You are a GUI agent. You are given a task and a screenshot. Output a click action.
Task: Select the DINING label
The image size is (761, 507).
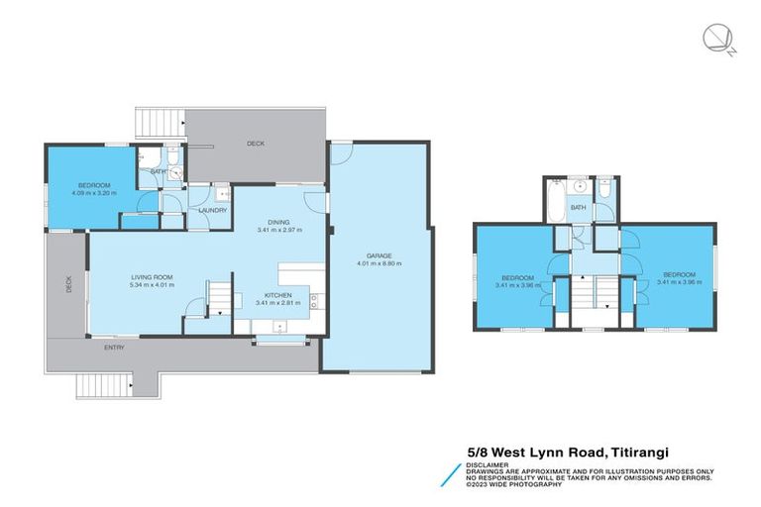point(278,222)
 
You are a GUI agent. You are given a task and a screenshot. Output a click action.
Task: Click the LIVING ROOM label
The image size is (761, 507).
point(152,277)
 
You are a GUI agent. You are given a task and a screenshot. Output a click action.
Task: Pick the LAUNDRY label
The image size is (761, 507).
point(213,210)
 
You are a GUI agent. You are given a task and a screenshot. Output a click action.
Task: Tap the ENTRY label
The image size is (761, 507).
point(116,348)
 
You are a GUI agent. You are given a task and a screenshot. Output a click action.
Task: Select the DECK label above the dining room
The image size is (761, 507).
point(256,144)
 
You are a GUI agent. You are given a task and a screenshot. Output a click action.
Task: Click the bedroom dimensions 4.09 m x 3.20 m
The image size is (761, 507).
point(94,192)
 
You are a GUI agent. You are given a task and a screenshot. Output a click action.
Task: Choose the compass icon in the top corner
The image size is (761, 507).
point(715,39)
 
